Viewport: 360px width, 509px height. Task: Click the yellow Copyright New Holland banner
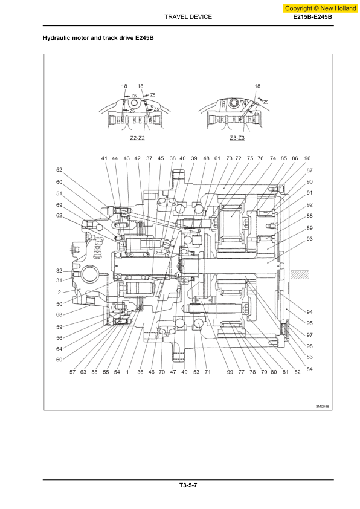(x=320, y=8)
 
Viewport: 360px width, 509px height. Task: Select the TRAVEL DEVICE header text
(x=188, y=17)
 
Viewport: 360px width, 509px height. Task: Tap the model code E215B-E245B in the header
(x=313, y=17)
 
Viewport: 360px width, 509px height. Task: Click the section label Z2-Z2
(x=137, y=138)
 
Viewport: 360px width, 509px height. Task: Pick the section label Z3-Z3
(x=237, y=138)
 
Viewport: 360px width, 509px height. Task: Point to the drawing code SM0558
(x=323, y=406)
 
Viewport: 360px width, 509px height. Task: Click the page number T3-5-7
(x=188, y=485)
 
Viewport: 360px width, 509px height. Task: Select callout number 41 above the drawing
(x=104, y=158)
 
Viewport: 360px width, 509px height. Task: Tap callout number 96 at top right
(x=307, y=158)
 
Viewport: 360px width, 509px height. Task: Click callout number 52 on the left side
(x=59, y=170)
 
